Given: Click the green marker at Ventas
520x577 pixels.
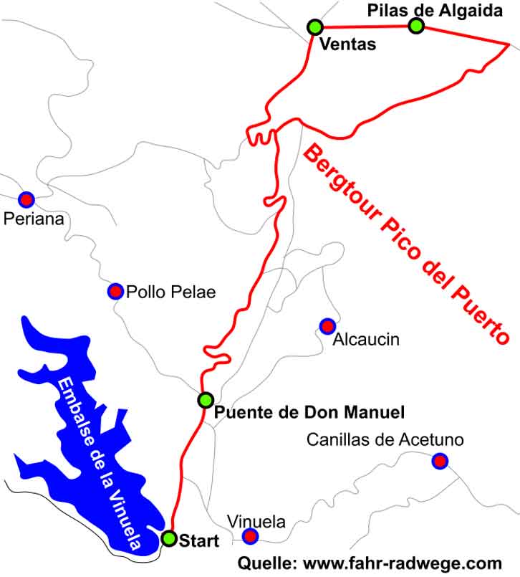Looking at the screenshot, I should (314, 27).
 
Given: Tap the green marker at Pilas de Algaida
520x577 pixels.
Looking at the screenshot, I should (416, 26).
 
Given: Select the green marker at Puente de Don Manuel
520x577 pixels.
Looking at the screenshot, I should (206, 400).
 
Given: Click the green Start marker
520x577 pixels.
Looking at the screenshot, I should (168, 538).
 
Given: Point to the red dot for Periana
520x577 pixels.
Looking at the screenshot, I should (27, 199).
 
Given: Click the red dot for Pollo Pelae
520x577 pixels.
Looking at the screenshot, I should (115, 291).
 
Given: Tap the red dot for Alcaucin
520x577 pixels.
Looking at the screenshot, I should (327, 326).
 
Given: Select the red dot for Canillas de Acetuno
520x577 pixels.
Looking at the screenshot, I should (440, 461).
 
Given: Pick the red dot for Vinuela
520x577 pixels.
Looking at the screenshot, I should (250, 536).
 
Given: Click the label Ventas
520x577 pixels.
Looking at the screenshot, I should (347, 45).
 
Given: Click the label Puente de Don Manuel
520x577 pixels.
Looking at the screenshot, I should (310, 413).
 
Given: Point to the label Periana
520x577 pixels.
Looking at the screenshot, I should (34, 218).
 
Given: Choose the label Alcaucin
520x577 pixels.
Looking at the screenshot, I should (366, 339).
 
